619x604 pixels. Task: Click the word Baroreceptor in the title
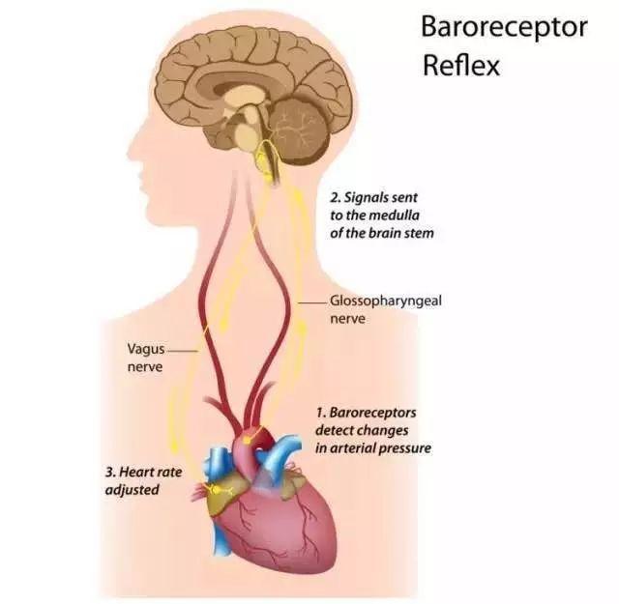click(504, 28)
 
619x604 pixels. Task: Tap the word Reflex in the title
click(461, 66)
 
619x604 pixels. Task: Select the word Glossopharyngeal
click(386, 302)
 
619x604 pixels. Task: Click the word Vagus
click(146, 350)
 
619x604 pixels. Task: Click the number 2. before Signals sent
click(336, 197)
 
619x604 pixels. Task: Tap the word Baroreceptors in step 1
click(372, 413)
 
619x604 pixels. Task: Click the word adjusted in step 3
click(133, 490)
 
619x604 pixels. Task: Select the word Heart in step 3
click(134, 472)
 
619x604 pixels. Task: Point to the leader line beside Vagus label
click(182, 351)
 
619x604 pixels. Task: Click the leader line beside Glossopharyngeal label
click(312, 303)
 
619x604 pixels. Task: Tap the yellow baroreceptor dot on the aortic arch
click(248, 440)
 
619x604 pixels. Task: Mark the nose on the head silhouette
click(132, 149)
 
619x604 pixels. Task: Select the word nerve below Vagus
click(145, 367)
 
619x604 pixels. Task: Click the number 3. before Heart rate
click(110, 472)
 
